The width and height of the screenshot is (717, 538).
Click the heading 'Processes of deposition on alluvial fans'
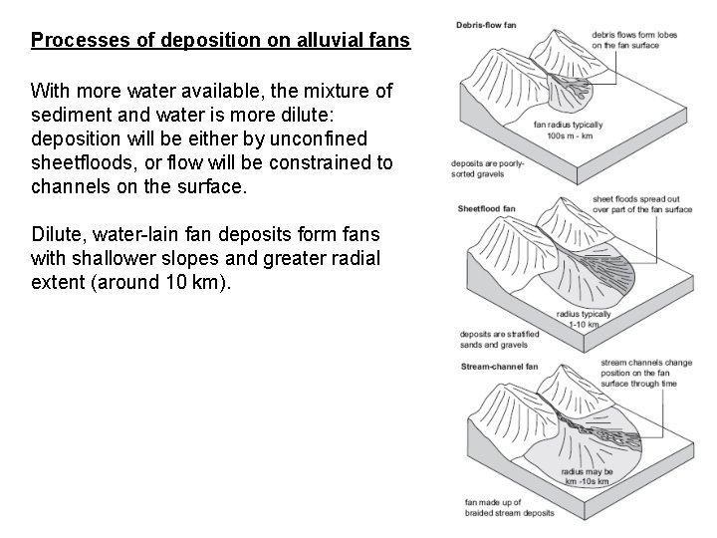click(x=220, y=42)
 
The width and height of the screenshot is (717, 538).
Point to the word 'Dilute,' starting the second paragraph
click(x=59, y=234)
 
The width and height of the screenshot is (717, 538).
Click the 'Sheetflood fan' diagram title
click(x=487, y=209)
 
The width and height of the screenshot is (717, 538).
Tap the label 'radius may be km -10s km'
click(x=586, y=475)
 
